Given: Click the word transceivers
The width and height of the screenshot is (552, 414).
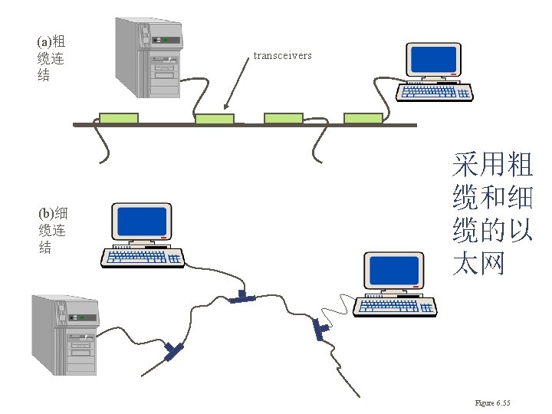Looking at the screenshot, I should coord(282,56).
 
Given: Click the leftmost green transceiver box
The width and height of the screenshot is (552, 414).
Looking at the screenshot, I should coord(119,118).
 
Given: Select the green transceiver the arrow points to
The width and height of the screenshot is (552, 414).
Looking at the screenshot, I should coord(215,119).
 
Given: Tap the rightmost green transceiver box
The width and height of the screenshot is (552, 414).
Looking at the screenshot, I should coord(363,118).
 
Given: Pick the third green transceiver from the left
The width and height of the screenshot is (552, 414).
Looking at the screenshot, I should coord(284,118).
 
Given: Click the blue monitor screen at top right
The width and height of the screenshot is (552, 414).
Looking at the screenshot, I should coord(434,59).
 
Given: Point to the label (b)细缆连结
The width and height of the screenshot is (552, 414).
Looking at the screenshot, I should coord(51,229).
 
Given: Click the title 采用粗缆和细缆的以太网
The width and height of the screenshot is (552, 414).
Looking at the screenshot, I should coord(492,214).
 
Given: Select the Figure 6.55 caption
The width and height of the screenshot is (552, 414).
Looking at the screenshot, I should coord(492,403).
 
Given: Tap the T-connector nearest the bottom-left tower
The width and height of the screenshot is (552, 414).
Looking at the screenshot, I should coord(173,350).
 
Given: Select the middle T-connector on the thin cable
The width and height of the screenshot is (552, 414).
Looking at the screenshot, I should coord(245,297).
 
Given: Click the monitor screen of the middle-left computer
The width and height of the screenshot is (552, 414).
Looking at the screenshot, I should coord(140,222).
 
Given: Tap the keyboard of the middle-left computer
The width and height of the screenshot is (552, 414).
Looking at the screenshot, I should coord(143,257).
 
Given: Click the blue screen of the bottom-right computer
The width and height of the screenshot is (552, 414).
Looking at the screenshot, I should coord(394,271).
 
